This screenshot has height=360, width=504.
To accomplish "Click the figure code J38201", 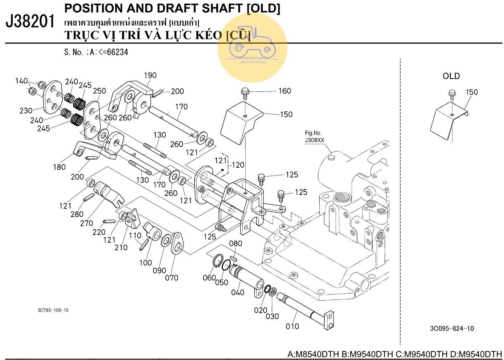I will tap(31, 22).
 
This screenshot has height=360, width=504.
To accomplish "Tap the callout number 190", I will tap(150, 75).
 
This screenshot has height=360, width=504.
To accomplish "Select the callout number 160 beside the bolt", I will tap(284, 91).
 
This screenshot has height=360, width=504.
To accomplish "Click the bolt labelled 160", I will tap(245, 92).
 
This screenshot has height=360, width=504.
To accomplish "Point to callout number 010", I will tap(292, 326).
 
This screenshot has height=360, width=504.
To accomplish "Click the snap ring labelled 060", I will tap(218, 261).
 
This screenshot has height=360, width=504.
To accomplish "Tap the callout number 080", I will tap(235, 243).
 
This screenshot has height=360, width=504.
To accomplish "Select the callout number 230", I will tap(26, 111).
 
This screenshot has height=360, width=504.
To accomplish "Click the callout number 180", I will tap(59, 167).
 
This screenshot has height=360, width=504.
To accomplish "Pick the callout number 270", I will tap(86, 223).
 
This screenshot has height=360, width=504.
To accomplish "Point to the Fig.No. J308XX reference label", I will tap(315, 137).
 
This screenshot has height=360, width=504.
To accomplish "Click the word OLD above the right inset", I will tap(451, 76).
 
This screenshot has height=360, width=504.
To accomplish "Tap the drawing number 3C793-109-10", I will tap(53, 310).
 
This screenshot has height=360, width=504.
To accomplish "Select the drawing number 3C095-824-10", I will tap(452, 328).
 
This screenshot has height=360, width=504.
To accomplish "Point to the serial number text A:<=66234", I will tap(109, 52).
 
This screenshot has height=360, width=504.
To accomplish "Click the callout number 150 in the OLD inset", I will tap(472, 92).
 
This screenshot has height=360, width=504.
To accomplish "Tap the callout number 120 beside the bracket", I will tap(238, 165).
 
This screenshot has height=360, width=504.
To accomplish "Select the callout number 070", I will tap(171, 277).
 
